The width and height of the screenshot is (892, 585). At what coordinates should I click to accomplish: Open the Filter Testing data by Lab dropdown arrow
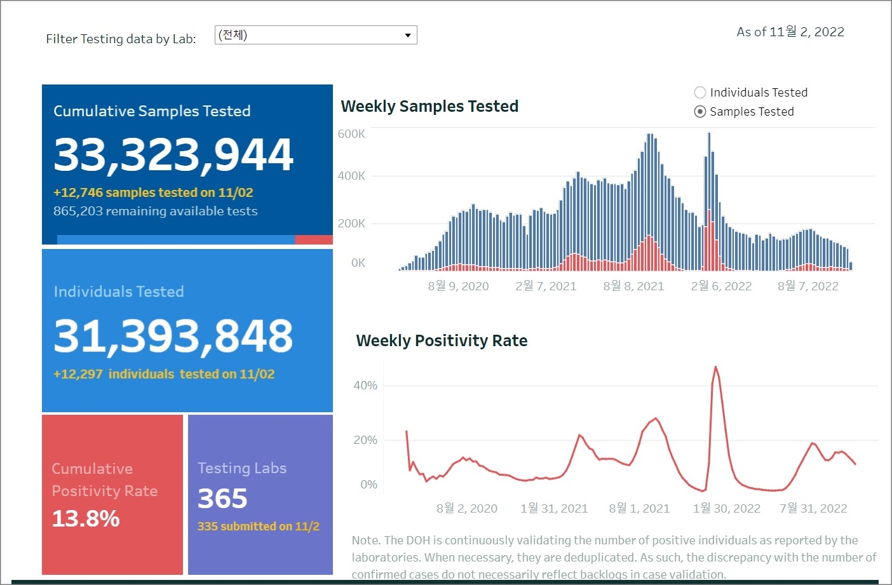(x=408, y=35)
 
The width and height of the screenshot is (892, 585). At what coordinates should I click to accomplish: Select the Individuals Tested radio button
(x=700, y=93)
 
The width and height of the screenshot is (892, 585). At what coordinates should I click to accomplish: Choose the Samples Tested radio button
(x=700, y=112)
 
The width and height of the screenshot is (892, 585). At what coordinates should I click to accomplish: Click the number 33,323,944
(x=173, y=155)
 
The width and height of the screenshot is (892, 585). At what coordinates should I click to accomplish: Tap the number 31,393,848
(x=173, y=336)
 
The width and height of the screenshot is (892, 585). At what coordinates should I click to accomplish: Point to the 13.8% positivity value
(x=86, y=519)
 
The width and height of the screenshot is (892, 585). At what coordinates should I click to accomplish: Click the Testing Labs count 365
(x=222, y=499)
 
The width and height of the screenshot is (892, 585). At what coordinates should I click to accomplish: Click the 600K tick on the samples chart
(x=351, y=134)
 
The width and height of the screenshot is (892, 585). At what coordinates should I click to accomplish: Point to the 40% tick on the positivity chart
(x=365, y=386)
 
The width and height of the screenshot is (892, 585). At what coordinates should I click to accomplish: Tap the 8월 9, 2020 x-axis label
(x=458, y=286)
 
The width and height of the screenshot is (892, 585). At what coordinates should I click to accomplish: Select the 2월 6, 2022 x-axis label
(x=721, y=286)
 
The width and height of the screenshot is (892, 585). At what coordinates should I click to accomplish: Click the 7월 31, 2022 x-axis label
(x=813, y=509)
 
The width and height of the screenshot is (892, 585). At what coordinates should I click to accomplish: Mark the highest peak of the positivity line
(x=715, y=367)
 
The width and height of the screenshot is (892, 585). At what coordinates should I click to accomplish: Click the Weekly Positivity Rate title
(x=442, y=341)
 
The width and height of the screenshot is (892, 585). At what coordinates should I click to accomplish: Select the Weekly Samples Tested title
(x=429, y=107)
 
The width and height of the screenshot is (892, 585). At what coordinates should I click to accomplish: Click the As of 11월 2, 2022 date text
(x=790, y=32)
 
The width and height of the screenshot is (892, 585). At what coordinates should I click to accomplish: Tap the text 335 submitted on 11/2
(x=259, y=527)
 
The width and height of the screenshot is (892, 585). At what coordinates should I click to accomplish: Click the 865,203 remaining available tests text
(x=156, y=211)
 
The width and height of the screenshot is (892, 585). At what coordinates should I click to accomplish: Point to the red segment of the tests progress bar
(x=314, y=239)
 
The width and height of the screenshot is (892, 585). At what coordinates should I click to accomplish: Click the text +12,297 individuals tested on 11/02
(x=164, y=374)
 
